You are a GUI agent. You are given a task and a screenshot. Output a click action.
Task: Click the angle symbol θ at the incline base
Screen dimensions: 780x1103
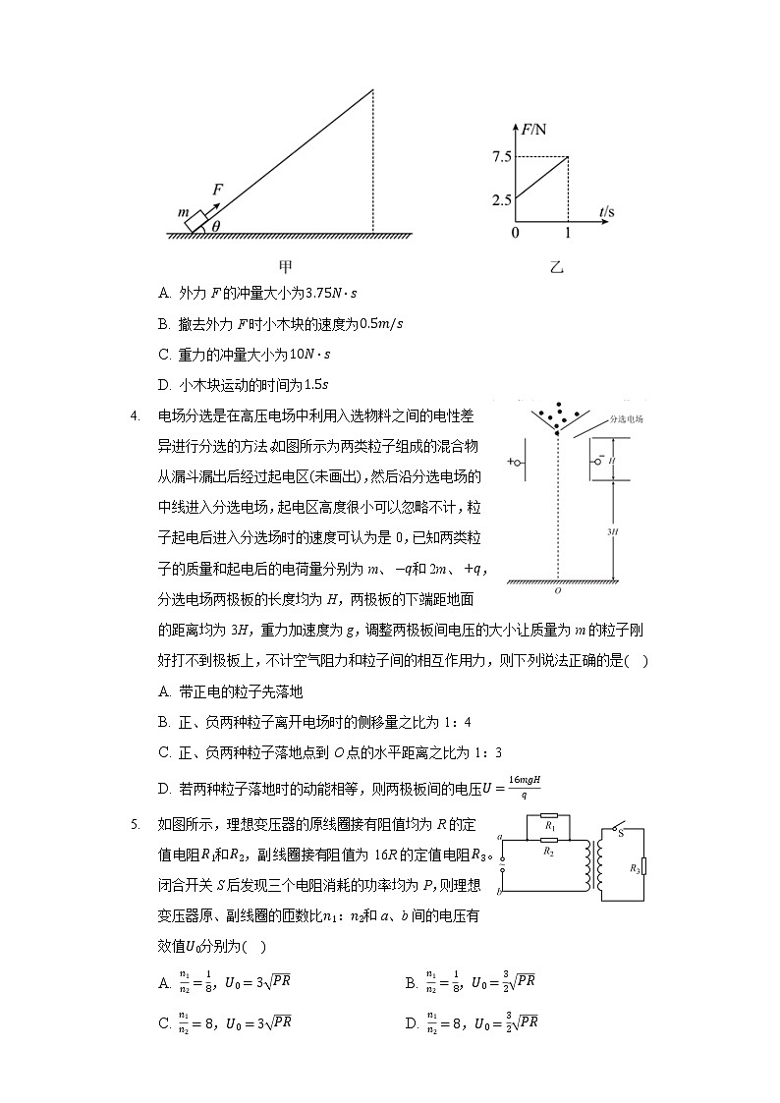(x=215, y=226)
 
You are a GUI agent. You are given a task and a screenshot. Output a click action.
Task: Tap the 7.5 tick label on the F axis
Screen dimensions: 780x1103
(x=502, y=157)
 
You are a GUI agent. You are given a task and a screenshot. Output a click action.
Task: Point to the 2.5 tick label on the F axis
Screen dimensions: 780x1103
(x=502, y=199)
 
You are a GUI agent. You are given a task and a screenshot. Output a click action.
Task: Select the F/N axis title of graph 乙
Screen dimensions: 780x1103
(x=536, y=128)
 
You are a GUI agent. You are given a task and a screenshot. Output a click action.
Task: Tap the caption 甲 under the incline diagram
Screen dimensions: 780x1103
(x=286, y=265)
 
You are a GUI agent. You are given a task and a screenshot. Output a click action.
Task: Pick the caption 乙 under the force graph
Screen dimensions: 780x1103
(x=558, y=266)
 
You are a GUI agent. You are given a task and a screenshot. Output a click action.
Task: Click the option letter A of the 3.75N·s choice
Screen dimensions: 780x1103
(x=163, y=293)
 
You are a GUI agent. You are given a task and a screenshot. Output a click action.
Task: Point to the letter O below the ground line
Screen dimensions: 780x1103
(x=557, y=591)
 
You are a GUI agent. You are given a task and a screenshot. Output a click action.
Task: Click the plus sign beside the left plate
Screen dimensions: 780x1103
(x=511, y=461)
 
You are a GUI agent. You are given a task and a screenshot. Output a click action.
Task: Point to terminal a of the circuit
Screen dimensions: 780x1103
(x=501, y=837)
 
